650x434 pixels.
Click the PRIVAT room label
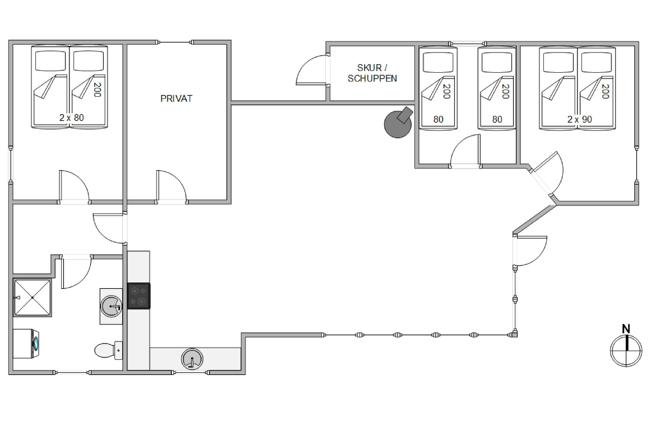click(176, 99)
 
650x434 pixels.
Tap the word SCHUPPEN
click(372, 79)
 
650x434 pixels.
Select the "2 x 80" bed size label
click(71, 118)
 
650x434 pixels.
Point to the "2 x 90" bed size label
click(580, 119)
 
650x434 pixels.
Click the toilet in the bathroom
click(109, 350)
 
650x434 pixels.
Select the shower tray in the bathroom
click(32, 298)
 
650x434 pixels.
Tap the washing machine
click(26, 344)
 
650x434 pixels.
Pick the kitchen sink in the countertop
click(192, 359)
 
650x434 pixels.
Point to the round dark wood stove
click(398, 122)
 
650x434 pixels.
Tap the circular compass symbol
click(626, 351)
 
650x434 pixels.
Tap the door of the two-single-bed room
click(465, 151)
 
